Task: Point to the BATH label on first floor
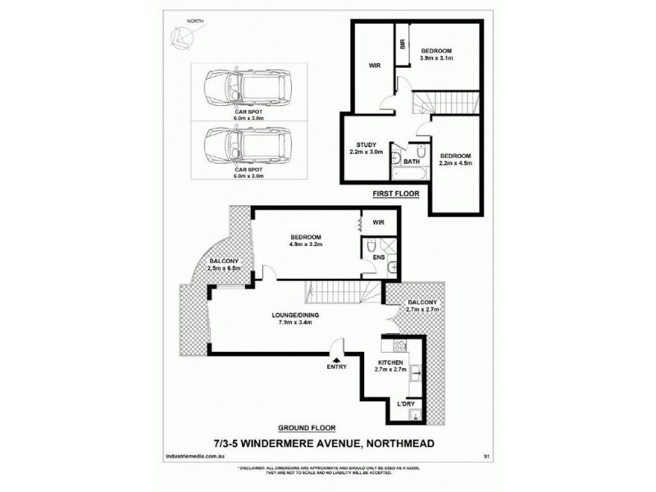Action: [x=411, y=162]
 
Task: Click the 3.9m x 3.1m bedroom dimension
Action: [x=436, y=60]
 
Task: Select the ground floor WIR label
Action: [x=378, y=221]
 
